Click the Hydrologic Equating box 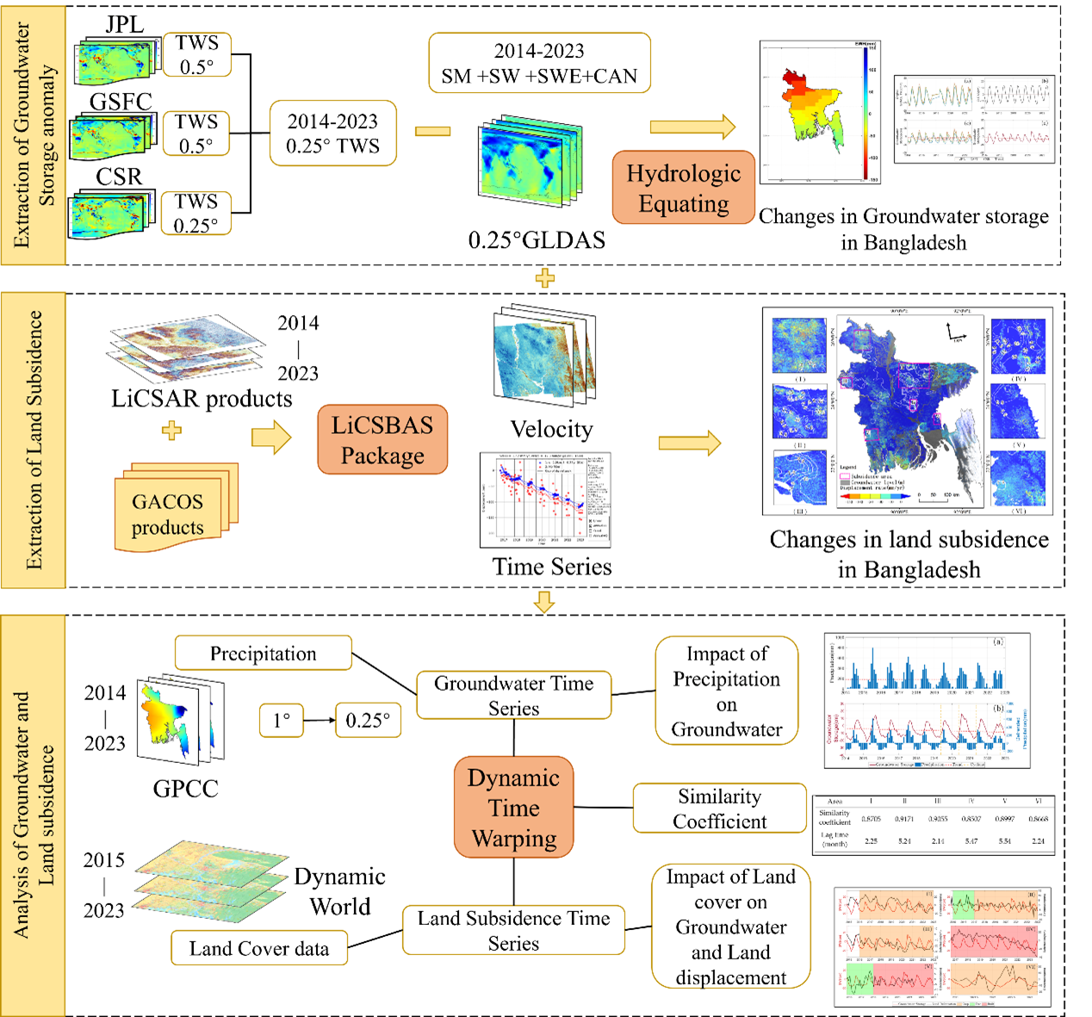coord(683,188)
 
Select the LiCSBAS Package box coord(382,440)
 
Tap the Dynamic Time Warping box coord(514,808)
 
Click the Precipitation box coord(264,654)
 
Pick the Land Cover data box coord(259,948)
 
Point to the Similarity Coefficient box coord(719,809)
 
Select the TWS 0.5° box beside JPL coord(197,55)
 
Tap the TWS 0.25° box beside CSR coord(196,214)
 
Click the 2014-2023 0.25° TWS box coord(332,133)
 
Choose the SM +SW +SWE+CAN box coord(539,63)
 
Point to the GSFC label coord(121,102)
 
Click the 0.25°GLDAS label coord(537,239)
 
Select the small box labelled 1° coord(282,720)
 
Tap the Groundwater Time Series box coord(513,695)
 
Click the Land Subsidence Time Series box coord(513,930)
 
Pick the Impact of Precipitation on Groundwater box coord(726,691)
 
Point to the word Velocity coord(551,429)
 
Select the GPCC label coord(185,788)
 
